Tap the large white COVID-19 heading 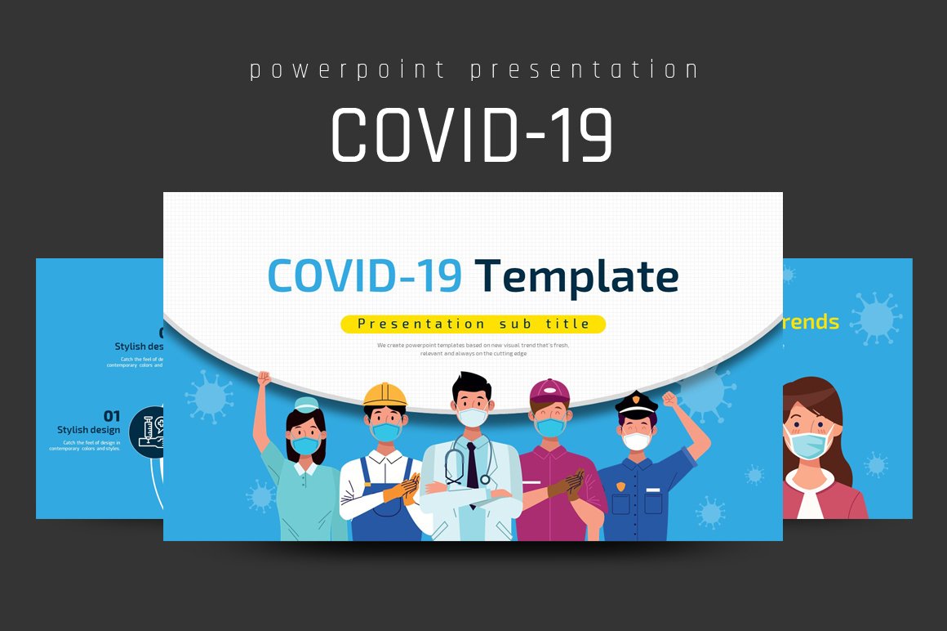(x=472, y=135)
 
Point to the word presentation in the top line (x=585, y=70)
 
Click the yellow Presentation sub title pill (x=473, y=324)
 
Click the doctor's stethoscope (x=454, y=467)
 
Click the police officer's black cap (x=636, y=402)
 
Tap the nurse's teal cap (x=305, y=404)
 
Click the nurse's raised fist (x=263, y=378)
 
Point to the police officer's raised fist (x=670, y=400)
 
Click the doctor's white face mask (x=471, y=417)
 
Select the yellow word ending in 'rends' (x=810, y=322)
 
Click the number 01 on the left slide (x=111, y=417)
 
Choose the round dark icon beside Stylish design (x=147, y=431)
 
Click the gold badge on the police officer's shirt (x=620, y=487)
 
